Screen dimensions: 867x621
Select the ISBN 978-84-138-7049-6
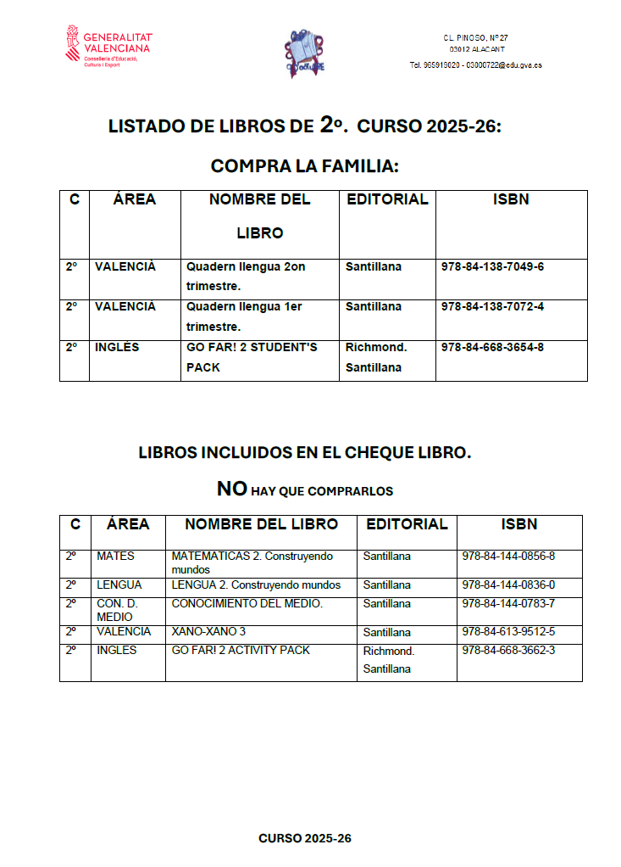coord(492,266)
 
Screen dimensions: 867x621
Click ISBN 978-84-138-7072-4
coord(492,306)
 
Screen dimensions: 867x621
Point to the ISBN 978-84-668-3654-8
coord(492,347)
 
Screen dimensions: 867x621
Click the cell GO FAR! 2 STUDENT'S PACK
coord(252,357)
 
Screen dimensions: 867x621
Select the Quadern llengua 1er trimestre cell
coord(246,316)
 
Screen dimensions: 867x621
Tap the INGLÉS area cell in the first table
coord(117,347)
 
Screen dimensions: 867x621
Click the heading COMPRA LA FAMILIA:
coord(304,165)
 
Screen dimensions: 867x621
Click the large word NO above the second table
coord(231,489)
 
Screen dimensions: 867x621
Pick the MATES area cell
coord(115,557)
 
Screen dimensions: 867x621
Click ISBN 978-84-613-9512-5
coord(508,632)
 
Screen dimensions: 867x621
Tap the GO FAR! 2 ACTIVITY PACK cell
coord(241,651)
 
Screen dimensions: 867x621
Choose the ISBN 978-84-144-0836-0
coord(508,585)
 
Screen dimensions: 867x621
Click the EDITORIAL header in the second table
coord(407,524)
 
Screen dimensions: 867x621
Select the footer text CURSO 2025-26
coord(304,838)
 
